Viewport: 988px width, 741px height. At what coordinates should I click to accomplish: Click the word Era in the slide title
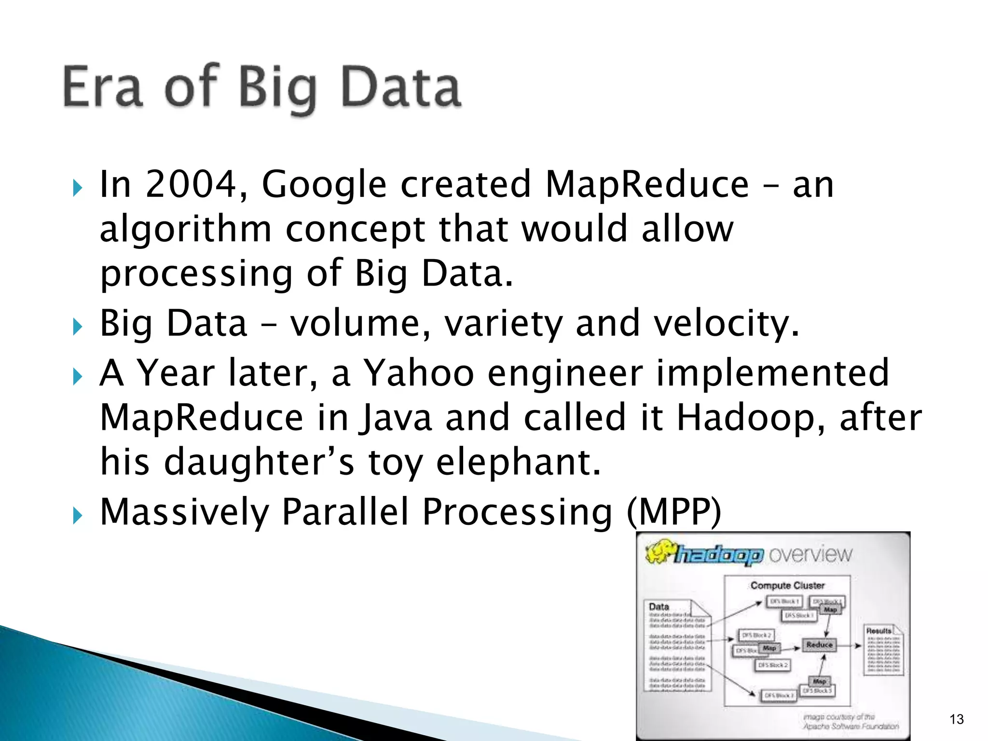[x=103, y=87]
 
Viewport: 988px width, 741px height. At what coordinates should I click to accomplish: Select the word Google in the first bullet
[x=324, y=185]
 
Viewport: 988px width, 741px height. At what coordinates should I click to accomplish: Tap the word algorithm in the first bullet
[x=185, y=230]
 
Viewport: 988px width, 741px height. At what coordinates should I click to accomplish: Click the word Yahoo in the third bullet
[x=418, y=373]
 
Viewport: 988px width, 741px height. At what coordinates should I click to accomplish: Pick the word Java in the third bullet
[x=395, y=418]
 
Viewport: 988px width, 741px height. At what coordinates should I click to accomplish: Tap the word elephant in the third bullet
[x=518, y=462]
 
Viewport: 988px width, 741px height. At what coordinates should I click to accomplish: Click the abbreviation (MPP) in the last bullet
[x=674, y=511]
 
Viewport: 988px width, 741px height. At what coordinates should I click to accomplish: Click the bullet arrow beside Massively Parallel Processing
[x=78, y=516]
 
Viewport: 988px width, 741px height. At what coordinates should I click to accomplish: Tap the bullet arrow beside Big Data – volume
[x=78, y=327]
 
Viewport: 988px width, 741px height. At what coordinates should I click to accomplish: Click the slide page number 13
[x=956, y=719]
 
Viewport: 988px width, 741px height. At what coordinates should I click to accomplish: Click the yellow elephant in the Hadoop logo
[x=659, y=553]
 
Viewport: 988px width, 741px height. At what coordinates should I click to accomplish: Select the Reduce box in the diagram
[x=819, y=645]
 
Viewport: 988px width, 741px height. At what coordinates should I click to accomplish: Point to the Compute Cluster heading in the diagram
[x=787, y=586]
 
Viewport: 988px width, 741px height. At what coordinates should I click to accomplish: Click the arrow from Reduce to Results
[x=850, y=645]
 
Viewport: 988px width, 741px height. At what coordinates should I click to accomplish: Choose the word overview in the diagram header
[x=810, y=555]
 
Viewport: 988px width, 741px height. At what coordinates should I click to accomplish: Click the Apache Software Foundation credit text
[x=851, y=726]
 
